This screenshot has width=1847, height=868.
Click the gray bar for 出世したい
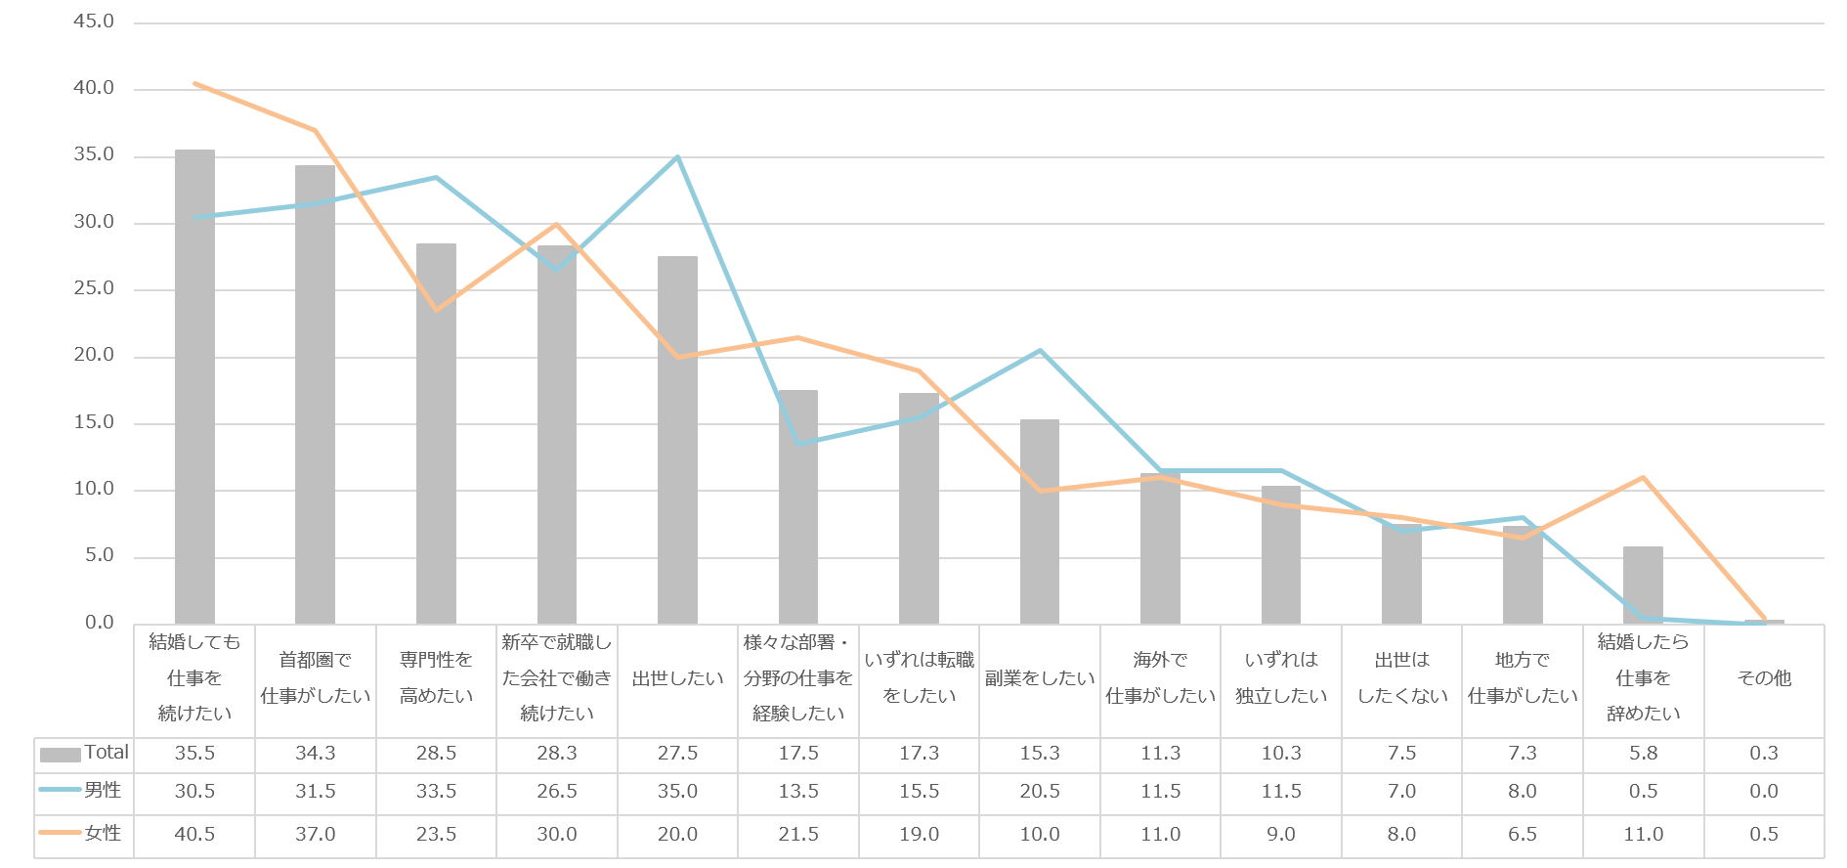tap(677, 440)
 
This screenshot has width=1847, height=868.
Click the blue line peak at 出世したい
tap(677, 157)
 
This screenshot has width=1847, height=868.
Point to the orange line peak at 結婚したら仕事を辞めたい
tap(1644, 478)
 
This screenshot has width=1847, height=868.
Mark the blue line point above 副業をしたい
tap(1040, 351)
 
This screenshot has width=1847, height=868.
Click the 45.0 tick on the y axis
tap(94, 22)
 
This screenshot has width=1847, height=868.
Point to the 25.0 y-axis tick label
tap(94, 288)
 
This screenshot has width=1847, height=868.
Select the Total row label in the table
tap(106, 753)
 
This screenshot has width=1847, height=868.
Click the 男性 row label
tap(103, 790)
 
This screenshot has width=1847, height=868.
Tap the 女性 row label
tap(103, 834)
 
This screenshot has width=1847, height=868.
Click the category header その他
tap(1764, 678)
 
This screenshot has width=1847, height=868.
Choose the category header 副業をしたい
tap(1040, 678)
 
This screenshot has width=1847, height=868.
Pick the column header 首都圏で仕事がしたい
tap(316, 678)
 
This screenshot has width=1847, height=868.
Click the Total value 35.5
tap(194, 754)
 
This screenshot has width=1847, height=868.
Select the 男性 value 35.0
tap(677, 792)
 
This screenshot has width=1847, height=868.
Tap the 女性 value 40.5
tap(194, 835)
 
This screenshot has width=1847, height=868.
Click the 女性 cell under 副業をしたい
tap(1040, 835)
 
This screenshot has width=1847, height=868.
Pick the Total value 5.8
tap(1644, 754)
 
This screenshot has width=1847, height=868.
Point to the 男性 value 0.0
tap(1764, 792)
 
